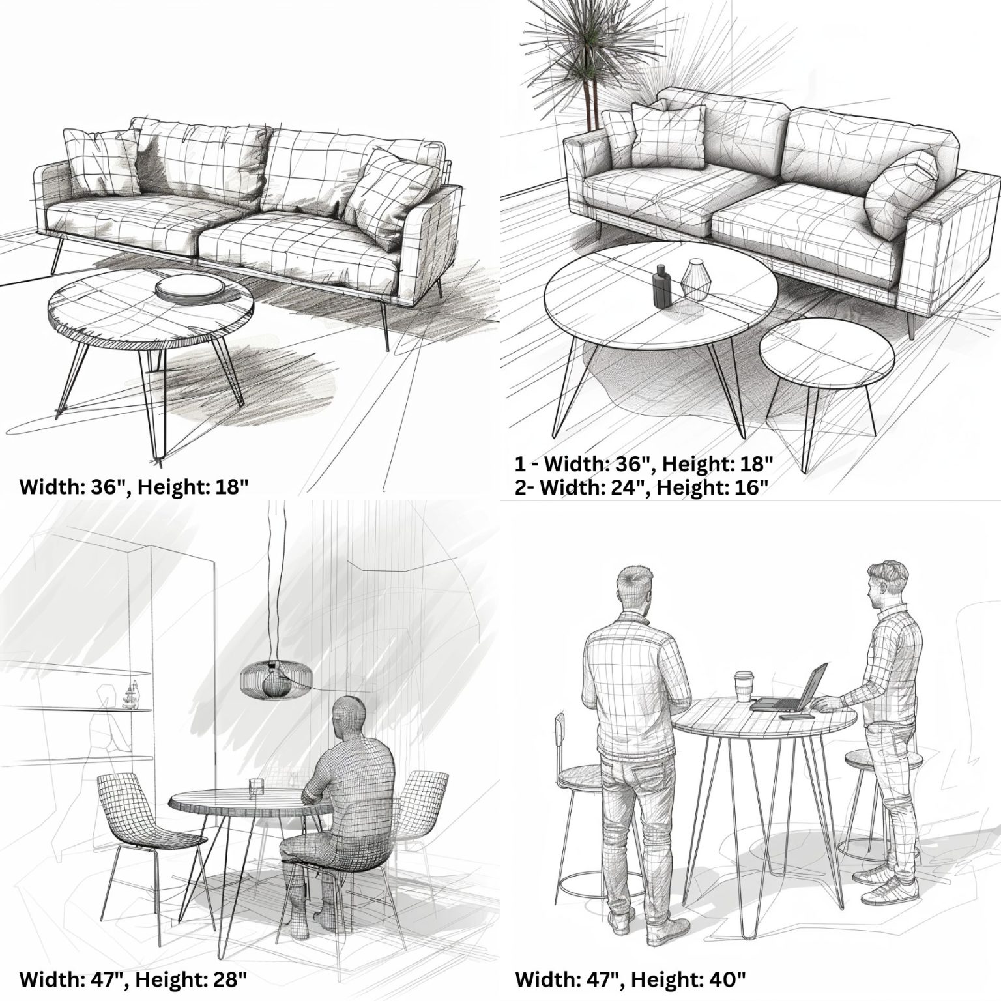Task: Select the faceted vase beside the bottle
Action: point(695,279)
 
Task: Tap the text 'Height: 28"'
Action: point(192,979)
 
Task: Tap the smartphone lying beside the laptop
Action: point(796,716)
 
